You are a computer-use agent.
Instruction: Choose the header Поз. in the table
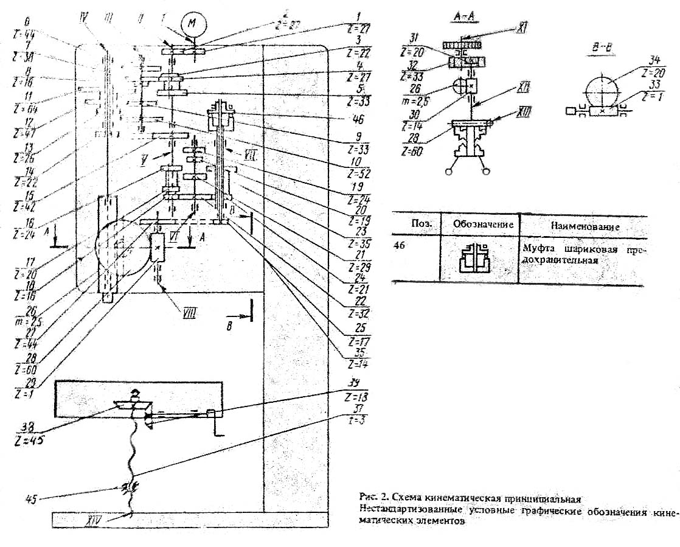click(x=421, y=224)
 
